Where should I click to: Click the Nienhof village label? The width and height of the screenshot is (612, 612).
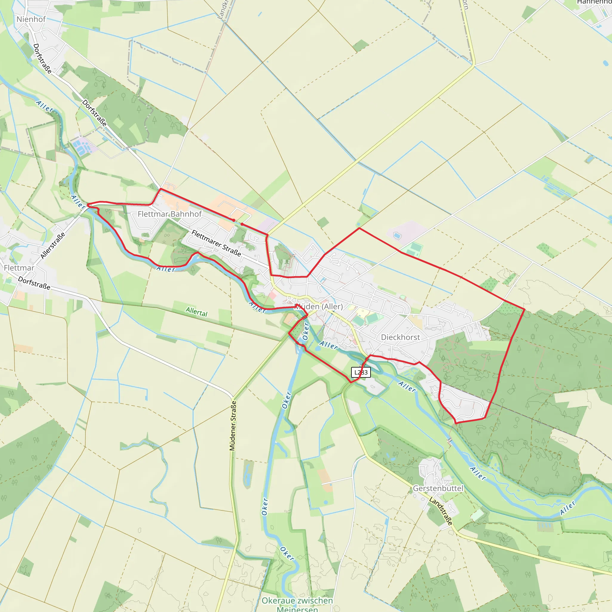[31, 19]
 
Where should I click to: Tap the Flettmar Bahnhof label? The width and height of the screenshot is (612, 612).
[169, 214]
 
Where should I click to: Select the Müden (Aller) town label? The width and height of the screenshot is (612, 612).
[319, 306]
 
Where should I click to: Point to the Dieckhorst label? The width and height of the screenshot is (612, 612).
[400, 337]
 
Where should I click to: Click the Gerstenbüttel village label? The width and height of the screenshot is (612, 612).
[438, 488]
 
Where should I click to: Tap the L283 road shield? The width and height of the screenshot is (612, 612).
[361, 372]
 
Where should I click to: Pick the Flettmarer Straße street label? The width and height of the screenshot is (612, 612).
[216, 243]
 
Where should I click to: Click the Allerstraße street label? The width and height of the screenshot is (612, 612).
[53, 246]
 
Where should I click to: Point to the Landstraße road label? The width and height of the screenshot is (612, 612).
[441, 511]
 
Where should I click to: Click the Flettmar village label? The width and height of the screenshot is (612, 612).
[19, 268]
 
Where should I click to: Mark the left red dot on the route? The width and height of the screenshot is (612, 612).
[234, 220]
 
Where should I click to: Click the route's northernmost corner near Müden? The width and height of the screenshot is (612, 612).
[359, 228]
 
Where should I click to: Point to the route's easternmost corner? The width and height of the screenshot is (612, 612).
[524, 309]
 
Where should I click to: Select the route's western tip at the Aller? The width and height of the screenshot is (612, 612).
[88, 205]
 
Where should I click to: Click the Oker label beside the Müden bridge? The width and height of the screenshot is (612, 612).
[306, 331]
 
